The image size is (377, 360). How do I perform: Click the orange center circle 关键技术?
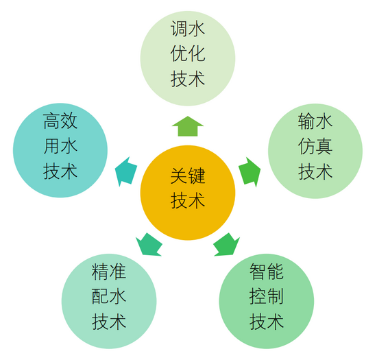188,193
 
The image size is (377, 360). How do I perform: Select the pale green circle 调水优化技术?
188,58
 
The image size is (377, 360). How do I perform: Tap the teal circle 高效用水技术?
60,150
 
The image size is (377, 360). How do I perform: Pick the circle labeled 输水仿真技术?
315,151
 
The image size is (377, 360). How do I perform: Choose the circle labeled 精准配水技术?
109,301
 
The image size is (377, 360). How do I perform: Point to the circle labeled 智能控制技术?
267,301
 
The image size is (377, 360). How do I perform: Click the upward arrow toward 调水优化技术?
188,126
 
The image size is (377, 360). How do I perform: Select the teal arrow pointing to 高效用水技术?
126,171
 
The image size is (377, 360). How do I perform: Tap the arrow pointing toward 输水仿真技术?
250,172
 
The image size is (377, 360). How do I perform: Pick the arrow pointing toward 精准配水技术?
149,245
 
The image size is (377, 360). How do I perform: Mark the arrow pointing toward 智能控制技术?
226,245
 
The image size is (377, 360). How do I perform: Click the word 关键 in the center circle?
188,176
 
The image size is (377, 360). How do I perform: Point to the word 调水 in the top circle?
188,29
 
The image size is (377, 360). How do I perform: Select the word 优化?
188,53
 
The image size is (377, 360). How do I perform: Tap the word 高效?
60,121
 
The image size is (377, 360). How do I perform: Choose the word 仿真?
315,147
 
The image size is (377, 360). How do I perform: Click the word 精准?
109,272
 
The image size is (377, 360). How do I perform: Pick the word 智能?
267,272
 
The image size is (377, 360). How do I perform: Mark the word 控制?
267,296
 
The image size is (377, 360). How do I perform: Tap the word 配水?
109,296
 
